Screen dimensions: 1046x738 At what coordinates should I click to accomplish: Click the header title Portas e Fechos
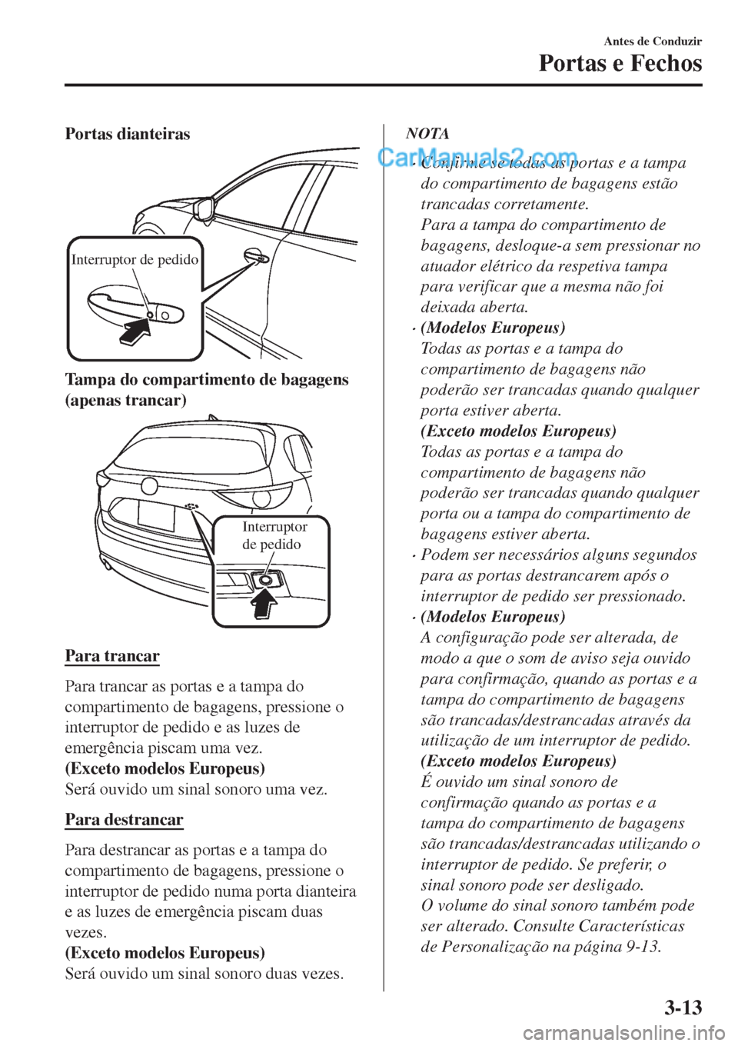pyautogui.click(x=620, y=63)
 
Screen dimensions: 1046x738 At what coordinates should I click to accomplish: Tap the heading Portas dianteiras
pyautogui.click(x=127, y=134)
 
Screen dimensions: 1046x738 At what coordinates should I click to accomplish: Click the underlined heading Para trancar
pyautogui.click(x=112, y=656)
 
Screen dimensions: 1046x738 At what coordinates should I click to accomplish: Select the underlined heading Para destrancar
pyautogui.click(x=124, y=819)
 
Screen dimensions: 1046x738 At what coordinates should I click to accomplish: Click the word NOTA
pyautogui.click(x=427, y=134)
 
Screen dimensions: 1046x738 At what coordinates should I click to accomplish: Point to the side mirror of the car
pyautogui.click(x=204, y=208)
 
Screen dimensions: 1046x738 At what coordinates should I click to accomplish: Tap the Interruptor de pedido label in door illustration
pyautogui.click(x=135, y=260)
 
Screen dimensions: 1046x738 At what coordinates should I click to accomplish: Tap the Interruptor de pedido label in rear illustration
pyautogui.click(x=274, y=535)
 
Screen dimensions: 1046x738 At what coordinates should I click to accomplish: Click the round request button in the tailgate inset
pyautogui.click(x=264, y=580)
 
